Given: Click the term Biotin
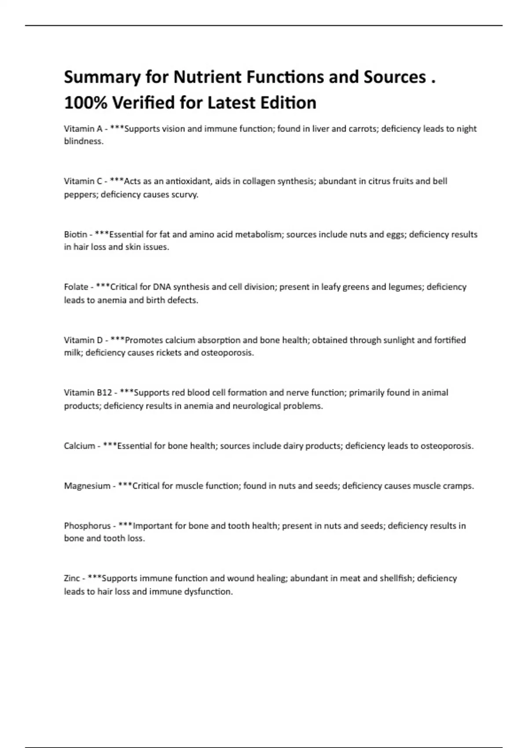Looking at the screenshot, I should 75,235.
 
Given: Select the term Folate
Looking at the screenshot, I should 76,287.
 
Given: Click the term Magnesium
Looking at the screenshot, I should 87,486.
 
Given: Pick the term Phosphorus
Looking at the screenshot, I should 87,526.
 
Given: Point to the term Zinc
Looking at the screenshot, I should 72,578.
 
